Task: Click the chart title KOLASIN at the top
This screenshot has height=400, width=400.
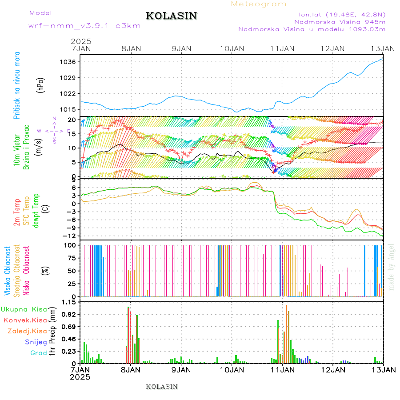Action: [x=171, y=16]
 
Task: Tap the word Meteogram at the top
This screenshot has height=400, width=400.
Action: [x=259, y=4]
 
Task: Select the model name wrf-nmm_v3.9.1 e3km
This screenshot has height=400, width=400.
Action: [x=84, y=26]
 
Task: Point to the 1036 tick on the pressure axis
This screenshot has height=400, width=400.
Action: [x=69, y=62]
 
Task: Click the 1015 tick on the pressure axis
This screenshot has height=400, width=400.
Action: [x=69, y=109]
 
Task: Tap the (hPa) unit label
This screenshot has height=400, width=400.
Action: [x=41, y=85]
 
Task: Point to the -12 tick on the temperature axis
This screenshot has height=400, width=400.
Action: [x=70, y=236]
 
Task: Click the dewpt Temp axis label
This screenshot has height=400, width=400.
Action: [x=36, y=210]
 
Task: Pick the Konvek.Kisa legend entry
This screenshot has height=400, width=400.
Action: [x=25, y=320]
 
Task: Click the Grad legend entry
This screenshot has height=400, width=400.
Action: [x=39, y=353]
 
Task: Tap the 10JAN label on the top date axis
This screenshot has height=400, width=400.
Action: [x=232, y=48]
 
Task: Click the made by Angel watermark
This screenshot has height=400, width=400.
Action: [x=392, y=267]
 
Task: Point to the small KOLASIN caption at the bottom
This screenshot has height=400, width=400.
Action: [x=162, y=387]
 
